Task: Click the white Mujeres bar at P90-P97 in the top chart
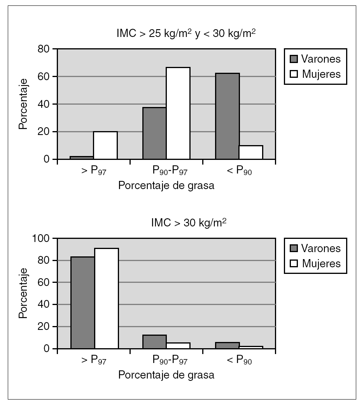pyautogui.click(x=178, y=113)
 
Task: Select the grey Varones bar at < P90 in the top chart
pyautogui.click(x=227, y=116)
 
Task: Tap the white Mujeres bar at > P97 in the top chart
pyautogui.click(x=105, y=145)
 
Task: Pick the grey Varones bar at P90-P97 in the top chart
pyautogui.click(x=154, y=133)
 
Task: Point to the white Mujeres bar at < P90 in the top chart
pyautogui.click(x=251, y=152)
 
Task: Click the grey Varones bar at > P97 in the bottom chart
pyautogui.click(x=82, y=302)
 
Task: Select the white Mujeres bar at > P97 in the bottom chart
pyautogui.click(x=106, y=298)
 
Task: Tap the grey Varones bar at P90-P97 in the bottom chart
pyautogui.click(x=154, y=341)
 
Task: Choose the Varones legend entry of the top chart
pyautogui.click(x=315, y=59)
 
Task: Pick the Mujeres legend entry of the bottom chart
pyautogui.click(x=315, y=263)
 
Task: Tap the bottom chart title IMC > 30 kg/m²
pyautogui.click(x=189, y=223)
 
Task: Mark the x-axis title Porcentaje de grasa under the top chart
pyautogui.click(x=166, y=186)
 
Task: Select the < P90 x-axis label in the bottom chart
pyautogui.click(x=239, y=361)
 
